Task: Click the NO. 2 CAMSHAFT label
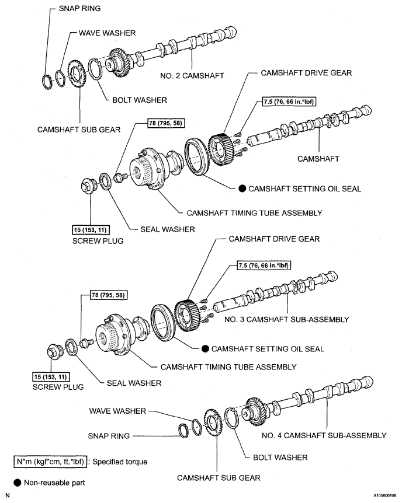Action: (193, 75)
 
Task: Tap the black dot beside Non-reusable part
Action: (16, 483)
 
